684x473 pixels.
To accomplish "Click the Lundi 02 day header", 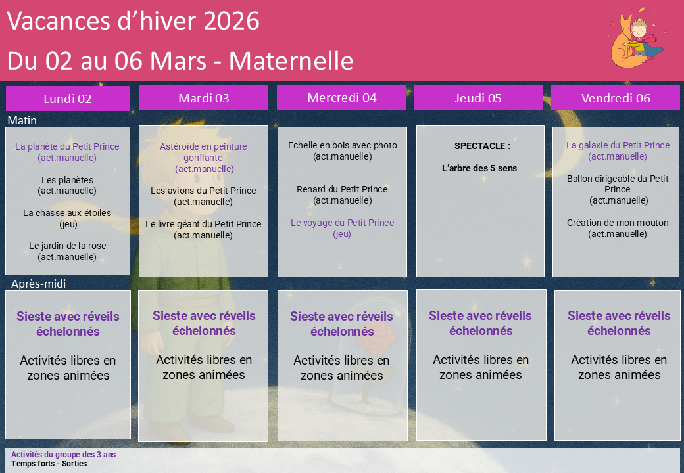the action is (x=68, y=99).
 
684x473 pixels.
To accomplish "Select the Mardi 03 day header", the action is (x=204, y=98).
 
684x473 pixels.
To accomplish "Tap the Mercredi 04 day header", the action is (x=341, y=97).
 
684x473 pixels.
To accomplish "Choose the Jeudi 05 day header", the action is (x=479, y=98).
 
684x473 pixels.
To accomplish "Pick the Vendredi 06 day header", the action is (x=616, y=98).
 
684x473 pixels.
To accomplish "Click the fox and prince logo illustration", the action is (x=636, y=38).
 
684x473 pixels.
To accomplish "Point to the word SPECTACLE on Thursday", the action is (x=479, y=146).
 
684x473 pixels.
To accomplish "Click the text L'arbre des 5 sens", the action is (x=479, y=168).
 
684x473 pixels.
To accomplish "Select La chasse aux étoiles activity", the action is (x=68, y=218).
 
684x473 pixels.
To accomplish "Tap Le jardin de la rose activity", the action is (x=68, y=252).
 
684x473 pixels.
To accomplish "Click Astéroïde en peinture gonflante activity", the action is (x=204, y=158).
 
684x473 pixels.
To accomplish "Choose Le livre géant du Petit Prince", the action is (x=203, y=229).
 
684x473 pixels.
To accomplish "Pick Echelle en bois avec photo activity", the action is (x=343, y=150).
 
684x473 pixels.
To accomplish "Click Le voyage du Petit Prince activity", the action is (x=343, y=228).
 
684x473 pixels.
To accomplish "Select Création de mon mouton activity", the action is (x=618, y=228).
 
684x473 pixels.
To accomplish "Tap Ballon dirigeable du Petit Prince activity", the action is (x=618, y=189).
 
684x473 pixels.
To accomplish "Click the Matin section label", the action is (x=22, y=120).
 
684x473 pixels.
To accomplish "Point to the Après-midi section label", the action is (x=38, y=284).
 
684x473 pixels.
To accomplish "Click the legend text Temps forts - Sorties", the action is (x=49, y=464).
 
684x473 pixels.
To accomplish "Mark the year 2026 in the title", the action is (x=232, y=21).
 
